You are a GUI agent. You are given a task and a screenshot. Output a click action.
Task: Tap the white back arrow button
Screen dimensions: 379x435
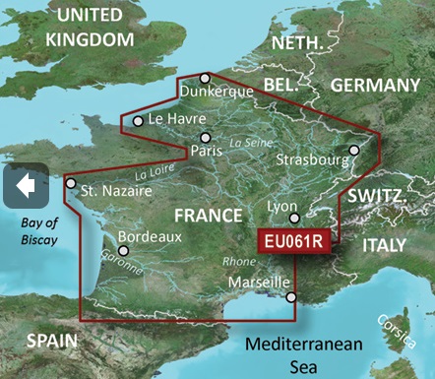(27, 185)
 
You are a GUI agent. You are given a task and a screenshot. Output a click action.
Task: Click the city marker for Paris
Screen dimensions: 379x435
(205, 138)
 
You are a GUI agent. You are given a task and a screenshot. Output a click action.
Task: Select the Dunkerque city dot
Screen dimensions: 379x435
(205, 78)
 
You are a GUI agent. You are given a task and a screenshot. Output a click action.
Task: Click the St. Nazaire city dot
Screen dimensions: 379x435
(70, 182)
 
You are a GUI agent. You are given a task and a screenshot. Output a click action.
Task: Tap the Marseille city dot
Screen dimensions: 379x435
(290, 296)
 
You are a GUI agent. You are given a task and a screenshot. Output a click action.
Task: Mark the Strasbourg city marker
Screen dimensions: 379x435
(354, 151)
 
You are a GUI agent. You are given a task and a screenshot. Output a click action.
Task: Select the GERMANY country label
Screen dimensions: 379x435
(375, 86)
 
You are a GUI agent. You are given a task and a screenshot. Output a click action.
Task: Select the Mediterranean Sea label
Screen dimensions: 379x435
(305, 355)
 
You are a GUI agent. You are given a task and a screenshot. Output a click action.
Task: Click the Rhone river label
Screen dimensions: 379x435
(239, 262)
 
